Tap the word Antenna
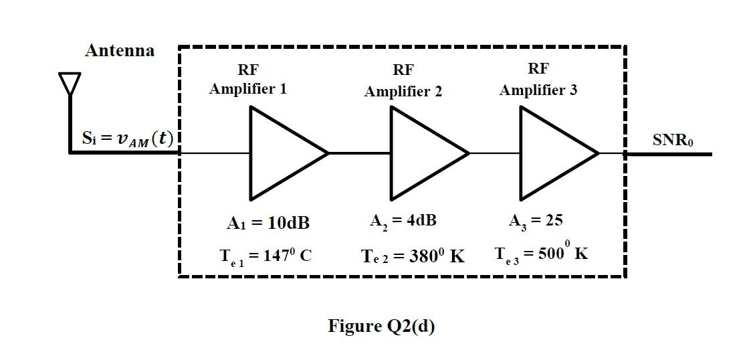click(120, 51)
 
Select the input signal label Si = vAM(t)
click(127, 139)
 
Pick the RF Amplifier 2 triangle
click(423, 153)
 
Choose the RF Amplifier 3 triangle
click(553, 153)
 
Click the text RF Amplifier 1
click(248, 80)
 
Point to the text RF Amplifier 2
click(403, 81)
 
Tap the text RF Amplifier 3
click(538, 80)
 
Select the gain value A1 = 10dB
click(268, 223)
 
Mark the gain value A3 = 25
click(536, 221)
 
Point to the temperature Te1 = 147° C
click(266, 256)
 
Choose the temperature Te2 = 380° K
click(413, 256)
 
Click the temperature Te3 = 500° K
click(542, 254)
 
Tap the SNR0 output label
click(673, 141)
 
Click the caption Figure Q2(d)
click(381, 326)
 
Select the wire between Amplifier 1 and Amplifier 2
click(360, 153)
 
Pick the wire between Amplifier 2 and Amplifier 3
click(495, 153)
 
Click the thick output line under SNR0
click(669, 154)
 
